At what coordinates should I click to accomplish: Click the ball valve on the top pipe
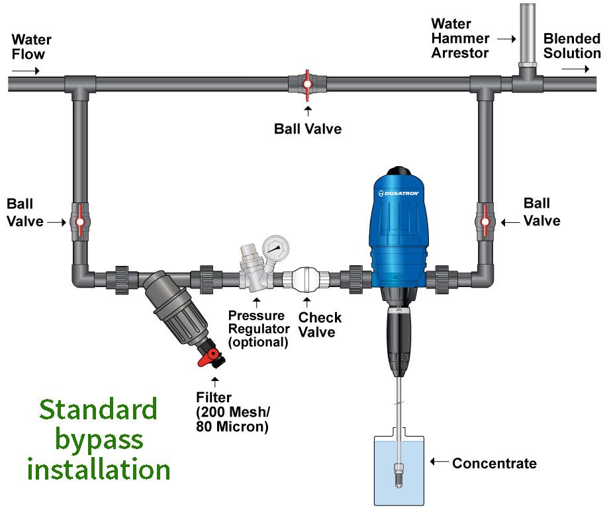[307, 84]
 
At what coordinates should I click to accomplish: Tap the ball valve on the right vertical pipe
[485, 221]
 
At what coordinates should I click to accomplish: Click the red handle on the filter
[211, 358]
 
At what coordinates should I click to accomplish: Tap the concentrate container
[398, 470]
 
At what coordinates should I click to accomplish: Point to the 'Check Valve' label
[320, 325]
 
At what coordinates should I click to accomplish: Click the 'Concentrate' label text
[494, 463]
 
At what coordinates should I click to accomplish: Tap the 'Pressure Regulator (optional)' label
[258, 329]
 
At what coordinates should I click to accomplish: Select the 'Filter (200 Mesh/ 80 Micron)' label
[232, 413]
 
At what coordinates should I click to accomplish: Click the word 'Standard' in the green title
[98, 409]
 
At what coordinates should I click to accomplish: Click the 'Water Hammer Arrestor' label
[461, 38]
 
